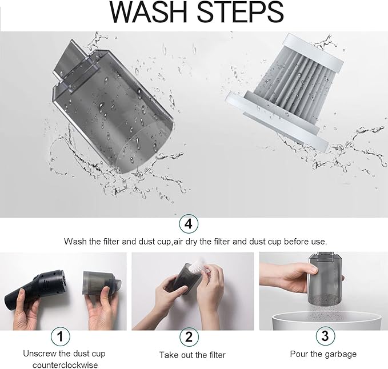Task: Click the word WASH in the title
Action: click(x=148, y=13)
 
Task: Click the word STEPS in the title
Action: click(x=240, y=13)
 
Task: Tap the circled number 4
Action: click(x=189, y=224)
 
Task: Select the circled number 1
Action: click(x=61, y=336)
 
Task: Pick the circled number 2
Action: click(x=189, y=337)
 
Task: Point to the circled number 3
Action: click(x=325, y=336)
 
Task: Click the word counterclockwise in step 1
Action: click(x=65, y=365)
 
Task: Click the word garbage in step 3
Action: click(x=341, y=354)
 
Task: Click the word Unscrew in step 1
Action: click(x=39, y=354)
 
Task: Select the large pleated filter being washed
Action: click(x=284, y=91)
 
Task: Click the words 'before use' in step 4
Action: click(x=305, y=242)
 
